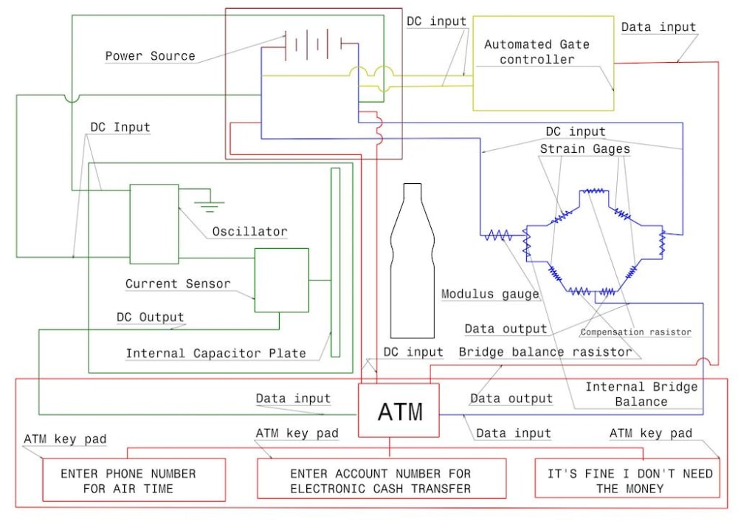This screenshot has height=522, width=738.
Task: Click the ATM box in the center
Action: (399, 411)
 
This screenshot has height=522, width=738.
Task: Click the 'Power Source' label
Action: (150, 56)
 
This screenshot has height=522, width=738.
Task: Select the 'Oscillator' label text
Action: (249, 231)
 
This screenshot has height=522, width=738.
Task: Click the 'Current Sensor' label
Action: (178, 284)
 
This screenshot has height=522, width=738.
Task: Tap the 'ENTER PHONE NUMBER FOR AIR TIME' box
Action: (134, 481)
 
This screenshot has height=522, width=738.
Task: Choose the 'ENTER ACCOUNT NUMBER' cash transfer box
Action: (381, 481)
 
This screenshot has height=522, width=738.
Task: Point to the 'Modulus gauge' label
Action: (490, 294)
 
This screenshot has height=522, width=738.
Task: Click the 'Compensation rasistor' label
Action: (635, 332)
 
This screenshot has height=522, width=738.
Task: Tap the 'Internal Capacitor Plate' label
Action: (215, 353)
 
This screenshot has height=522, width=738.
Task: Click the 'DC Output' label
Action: (150, 317)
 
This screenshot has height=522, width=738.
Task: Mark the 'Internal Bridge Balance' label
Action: (641, 394)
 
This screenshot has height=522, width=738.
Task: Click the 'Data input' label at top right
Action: (658, 27)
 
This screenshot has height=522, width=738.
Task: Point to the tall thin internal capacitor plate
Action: (335, 262)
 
